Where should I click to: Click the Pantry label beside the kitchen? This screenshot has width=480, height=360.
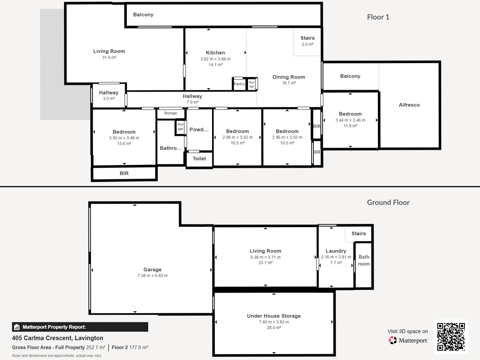tap(239, 84)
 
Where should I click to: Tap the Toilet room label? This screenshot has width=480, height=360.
tap(199, 158)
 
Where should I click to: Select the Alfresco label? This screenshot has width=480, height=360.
tap(409, 105)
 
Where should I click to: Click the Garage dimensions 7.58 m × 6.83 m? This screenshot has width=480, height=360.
tap(152, 276)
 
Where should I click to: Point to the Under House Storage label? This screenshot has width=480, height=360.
tap(274, 316)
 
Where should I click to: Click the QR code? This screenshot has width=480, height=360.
tap(451, 337)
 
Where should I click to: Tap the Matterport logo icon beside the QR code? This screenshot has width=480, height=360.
tap(392, 340)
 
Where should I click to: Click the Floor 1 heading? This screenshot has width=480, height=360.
tap(378, 17)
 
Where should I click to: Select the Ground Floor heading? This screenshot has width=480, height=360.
tap(388, 202)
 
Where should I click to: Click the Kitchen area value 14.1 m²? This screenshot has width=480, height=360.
tap(215, 65)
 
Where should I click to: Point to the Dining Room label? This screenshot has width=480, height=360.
tap(289, 77)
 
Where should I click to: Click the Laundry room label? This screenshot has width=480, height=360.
tap(336, 251)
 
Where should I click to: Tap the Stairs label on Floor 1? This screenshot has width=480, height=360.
tap(307, 38)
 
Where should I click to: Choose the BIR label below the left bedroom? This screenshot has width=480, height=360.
tap(124, 173)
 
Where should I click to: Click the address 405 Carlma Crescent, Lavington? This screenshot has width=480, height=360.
tap(58, 338)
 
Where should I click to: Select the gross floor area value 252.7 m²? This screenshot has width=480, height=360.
tap(96, 347)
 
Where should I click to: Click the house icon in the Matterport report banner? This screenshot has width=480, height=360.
tap(17, 327)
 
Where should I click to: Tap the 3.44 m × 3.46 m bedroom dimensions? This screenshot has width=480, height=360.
tap(350, 120)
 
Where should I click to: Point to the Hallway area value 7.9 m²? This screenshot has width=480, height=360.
tap(192, 102)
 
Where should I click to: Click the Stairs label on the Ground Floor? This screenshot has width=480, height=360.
tap(358, 233)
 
